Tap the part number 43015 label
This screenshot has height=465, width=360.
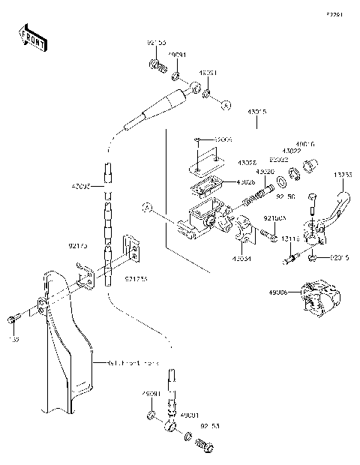point(257,112)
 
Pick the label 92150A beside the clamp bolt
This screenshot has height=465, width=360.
point(271,217)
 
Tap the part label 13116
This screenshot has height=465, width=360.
point(292,240)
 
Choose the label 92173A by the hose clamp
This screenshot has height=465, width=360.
point(136,279)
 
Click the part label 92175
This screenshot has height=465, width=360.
point(78,244)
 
